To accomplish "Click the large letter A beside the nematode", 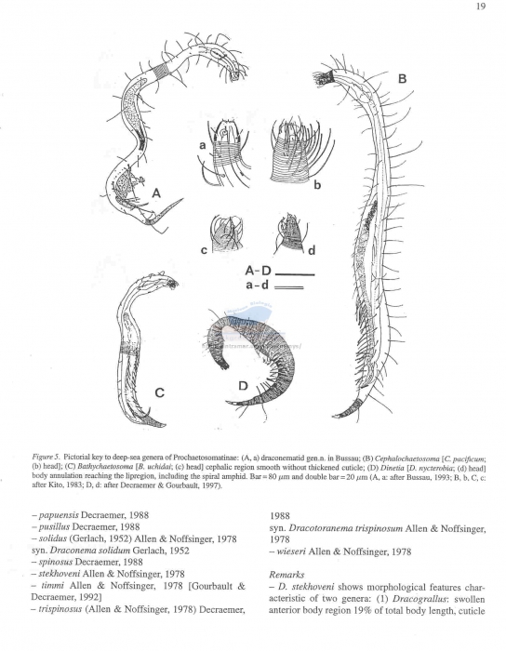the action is tap(156, 193).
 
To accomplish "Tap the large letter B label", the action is tap(402, 80).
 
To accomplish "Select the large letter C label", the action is tap(159, 392).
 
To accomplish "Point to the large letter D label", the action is tap(243, 385).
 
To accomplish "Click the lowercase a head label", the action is tap(200, 146).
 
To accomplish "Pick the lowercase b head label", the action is tap(317, 186).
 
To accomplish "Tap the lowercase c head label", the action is tap(204, 249).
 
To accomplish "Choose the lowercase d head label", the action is tap(312, 249).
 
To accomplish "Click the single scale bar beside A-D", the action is tap(296, 274).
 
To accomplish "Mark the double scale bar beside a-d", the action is tap(294, 288).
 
